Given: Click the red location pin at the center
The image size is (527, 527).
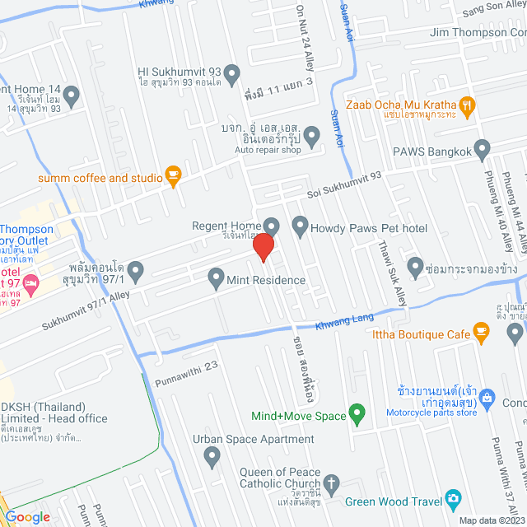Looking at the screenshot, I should coord(263,247).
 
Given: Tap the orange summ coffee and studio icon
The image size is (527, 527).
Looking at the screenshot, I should coord(172,174).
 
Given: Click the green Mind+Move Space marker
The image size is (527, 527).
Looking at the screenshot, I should coord(357,412).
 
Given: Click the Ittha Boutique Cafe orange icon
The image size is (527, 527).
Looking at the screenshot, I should coord(483,333).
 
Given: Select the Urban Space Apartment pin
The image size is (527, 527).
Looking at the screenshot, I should coord(212,455).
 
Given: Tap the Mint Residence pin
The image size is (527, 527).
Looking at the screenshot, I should coord(216,276).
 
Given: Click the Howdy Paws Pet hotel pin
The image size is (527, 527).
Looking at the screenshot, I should coord(299,225).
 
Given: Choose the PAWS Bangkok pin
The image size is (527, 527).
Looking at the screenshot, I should coord(483,149).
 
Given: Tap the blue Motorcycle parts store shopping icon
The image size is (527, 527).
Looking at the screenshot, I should coord(487,398).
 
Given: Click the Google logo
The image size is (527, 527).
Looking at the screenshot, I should coord(27,516).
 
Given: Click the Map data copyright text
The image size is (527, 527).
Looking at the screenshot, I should coord(491,520).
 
